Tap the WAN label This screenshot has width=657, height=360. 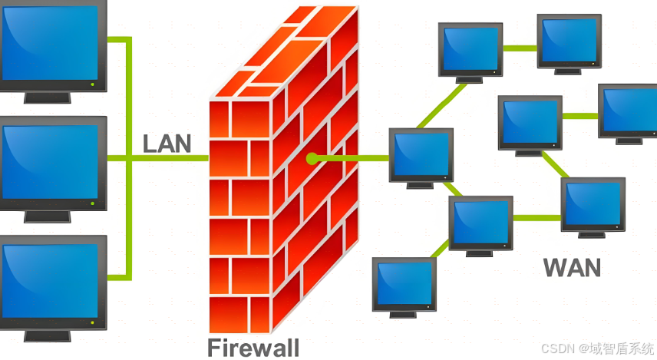tap(572, 267)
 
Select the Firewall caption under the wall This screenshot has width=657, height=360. tap(253, 347)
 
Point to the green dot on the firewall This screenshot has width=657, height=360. tap(312, 159)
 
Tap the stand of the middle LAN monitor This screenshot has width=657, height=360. tap(47, 216)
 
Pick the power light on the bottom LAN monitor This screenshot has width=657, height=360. tap(92, 322)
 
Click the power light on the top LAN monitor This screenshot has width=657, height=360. tap(92, 83)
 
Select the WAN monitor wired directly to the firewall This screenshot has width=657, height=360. tap(421, 155)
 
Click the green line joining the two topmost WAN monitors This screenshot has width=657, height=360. tap(520, 46)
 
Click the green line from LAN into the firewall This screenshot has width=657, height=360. tap(169, 159)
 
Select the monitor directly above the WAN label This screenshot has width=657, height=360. tap(593, 203)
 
